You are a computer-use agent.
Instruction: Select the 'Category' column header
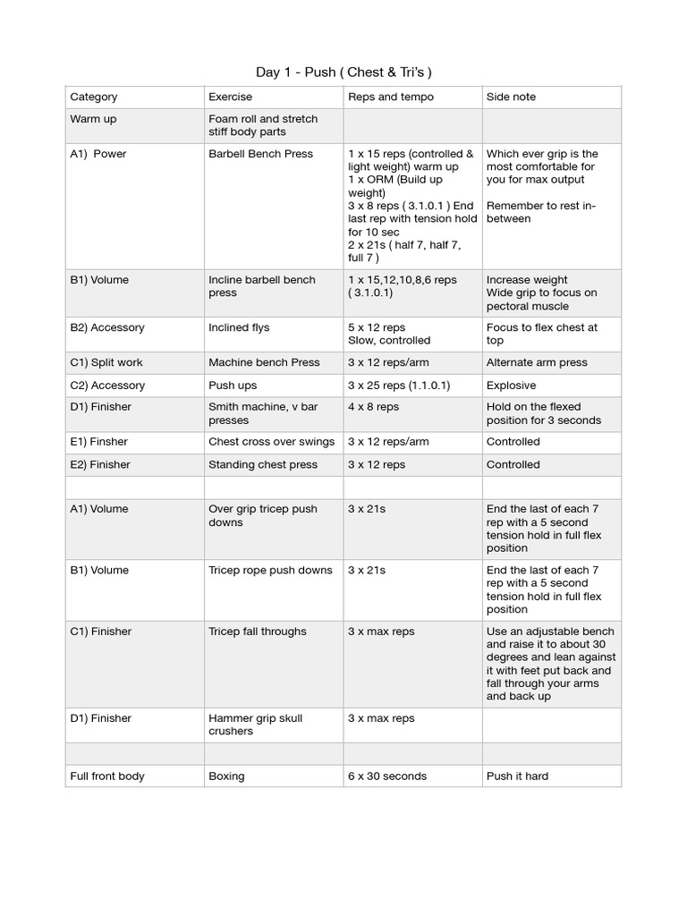click(x=94, y=97)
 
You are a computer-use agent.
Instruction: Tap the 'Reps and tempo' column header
click(x=391, y=97)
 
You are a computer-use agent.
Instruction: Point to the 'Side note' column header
click(x=511, y=97)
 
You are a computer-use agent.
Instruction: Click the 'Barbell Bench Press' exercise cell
click(x=260, y=154)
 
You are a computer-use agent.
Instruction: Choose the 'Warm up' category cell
click(x=93, y=119)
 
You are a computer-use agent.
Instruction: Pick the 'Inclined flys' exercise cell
click(x=239, y=327)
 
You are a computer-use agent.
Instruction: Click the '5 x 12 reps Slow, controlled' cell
click(x=389, y=334)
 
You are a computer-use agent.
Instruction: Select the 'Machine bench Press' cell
click(x=264, y=362)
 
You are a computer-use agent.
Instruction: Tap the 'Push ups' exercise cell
click(x=233, y=386)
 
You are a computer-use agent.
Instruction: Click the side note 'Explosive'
click(x=512, y=386)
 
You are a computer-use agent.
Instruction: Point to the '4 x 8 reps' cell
click(x=374, y=407)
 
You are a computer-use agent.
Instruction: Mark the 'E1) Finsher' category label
click(x=100, y=442)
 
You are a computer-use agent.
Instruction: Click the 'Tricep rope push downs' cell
click(x=270, y=570)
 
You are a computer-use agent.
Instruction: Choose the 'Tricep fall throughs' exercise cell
click(x=258, y=632)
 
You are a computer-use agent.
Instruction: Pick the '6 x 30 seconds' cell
click(x=387, y=776)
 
